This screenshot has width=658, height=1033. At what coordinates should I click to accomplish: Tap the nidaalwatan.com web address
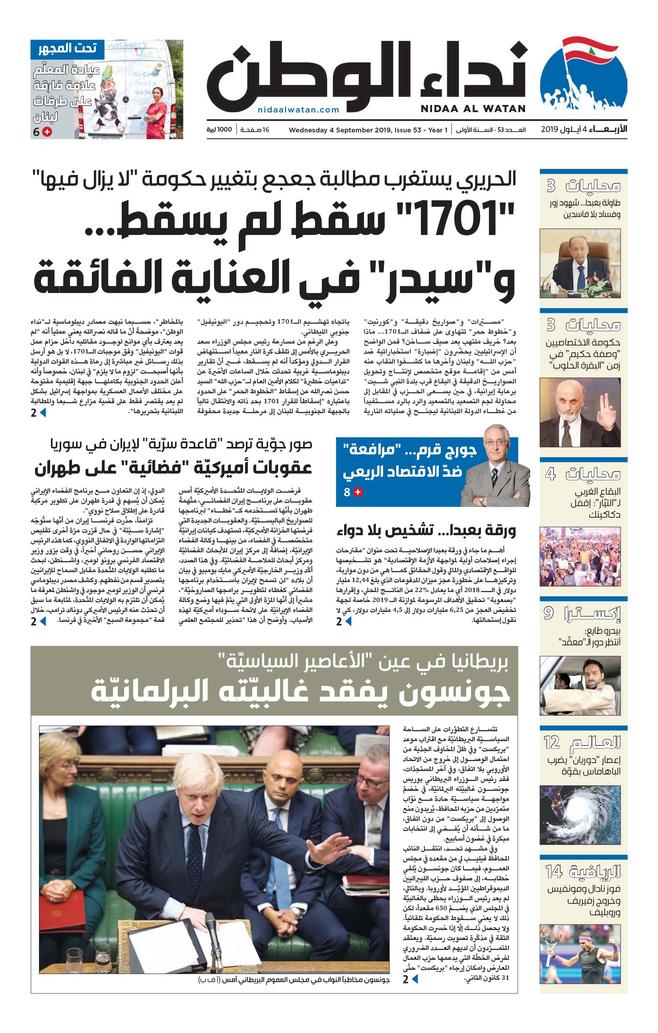pos(298,110)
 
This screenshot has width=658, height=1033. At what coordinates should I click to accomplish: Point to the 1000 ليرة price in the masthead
pos(219,130)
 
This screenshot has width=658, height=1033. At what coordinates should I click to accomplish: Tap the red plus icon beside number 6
pos(48,132)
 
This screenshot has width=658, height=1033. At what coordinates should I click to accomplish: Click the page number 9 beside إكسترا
pos(549,613)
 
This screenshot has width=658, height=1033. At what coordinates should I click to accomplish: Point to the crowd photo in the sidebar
pos(580,556)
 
